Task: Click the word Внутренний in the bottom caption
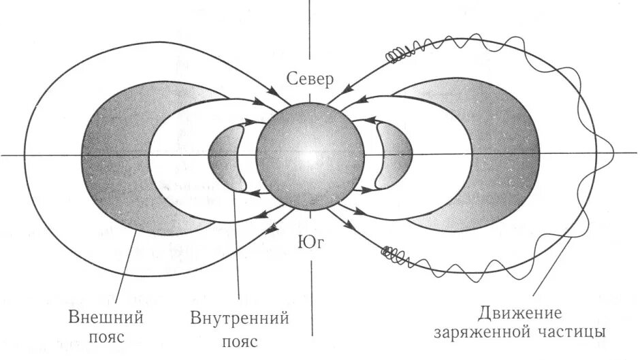click(x=240, y=317)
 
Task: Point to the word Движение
click(x=521, y=314)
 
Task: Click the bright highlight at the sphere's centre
click(x=310, y=155)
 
